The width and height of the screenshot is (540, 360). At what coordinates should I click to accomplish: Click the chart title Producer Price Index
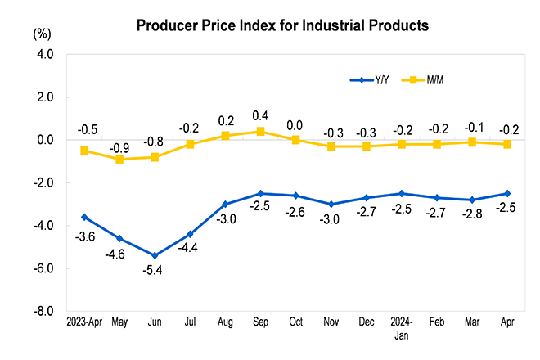coord(282,25)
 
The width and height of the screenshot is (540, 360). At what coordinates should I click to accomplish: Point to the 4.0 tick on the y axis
coord(43,55)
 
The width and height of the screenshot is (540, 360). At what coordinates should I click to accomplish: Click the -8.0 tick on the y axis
coord(42,312)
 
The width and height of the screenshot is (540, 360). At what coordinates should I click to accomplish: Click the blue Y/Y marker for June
coord(155,255)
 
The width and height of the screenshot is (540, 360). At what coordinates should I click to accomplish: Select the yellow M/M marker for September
coord(260,131)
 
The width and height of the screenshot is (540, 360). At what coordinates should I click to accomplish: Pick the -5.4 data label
coord(155,269)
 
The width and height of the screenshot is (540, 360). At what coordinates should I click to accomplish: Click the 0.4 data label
coord(260,115)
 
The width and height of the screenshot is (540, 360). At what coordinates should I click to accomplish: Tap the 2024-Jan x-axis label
coord(401,328)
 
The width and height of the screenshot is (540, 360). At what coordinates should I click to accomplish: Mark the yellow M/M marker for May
coord(119,159)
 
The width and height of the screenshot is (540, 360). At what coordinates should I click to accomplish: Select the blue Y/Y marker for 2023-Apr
coord(84,217)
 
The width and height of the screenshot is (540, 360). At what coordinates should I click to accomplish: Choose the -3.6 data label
coord(85,237)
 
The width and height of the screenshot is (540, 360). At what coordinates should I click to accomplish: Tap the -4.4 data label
coord(191,248)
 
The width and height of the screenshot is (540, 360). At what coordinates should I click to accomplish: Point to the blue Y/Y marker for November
coord(331,204)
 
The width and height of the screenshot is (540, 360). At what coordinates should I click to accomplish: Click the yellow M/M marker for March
coord(472,142)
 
